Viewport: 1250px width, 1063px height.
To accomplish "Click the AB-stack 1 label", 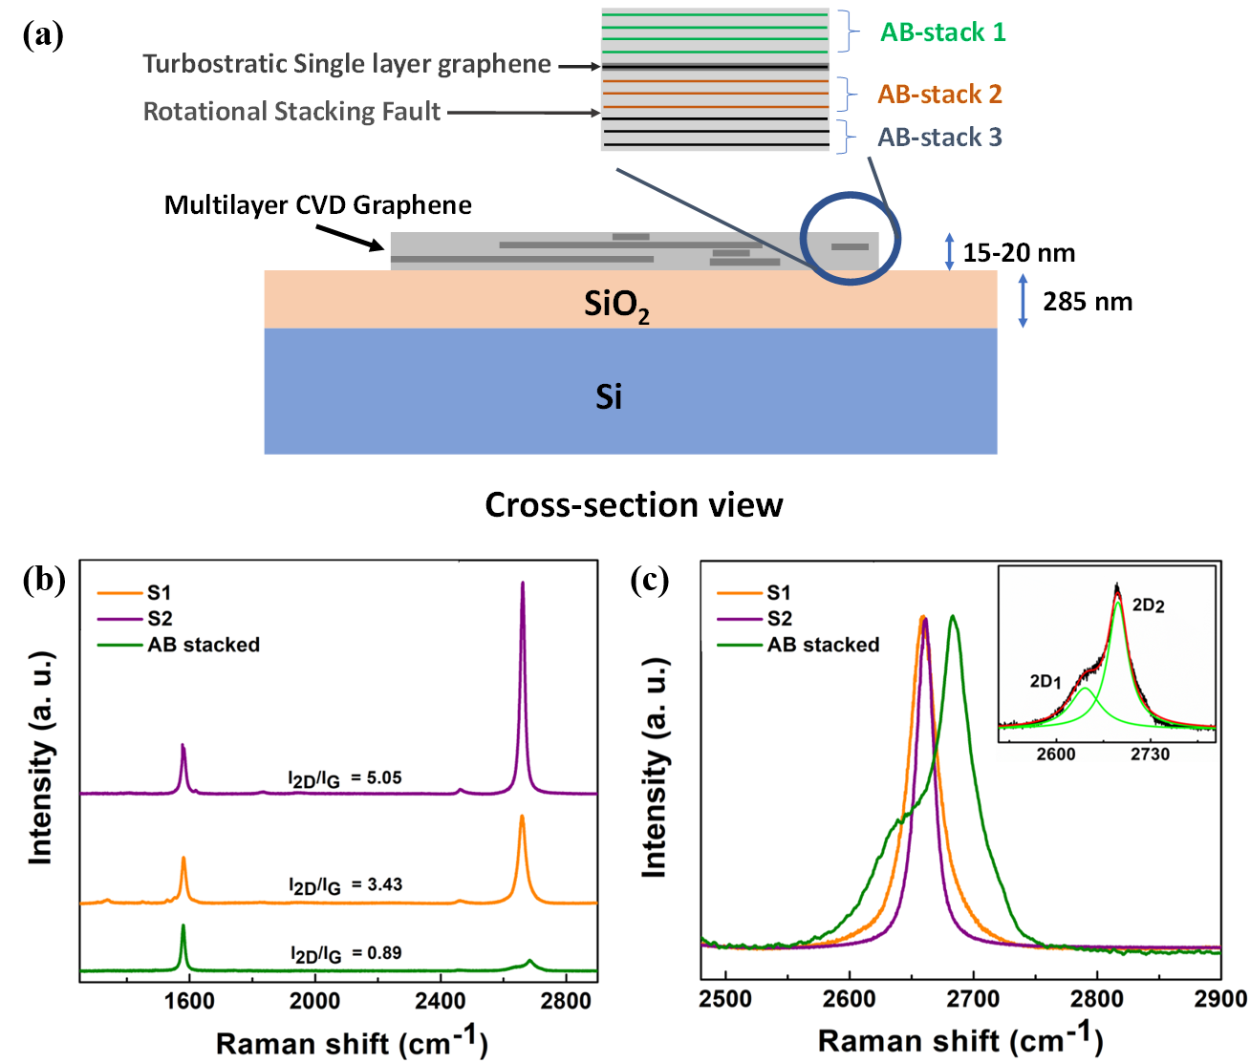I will [x=942, y=32].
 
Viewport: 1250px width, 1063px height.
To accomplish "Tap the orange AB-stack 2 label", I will [x=939, y=95].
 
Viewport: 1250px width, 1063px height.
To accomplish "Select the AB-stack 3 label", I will [x=939, y=138].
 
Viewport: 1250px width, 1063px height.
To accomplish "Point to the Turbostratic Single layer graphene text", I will [x=347, y=64].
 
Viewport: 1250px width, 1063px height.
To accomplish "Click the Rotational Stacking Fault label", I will [x=291, y=112].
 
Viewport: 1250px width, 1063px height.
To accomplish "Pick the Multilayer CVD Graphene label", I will [x=318, y=205].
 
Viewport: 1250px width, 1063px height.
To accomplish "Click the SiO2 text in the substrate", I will [x=616, y=305].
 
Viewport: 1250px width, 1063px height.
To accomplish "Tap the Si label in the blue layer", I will [x=609, y=396].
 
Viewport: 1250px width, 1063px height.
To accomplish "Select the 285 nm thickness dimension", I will [x=1088, y=302].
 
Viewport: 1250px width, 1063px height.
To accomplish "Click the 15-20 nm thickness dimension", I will [x=1019, y=253].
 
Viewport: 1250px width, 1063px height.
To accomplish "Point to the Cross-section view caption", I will [x=634, y=504].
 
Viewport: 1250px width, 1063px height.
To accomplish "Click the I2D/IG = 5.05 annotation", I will [x=346, y=778].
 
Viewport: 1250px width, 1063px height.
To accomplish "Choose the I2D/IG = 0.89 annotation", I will [x=346, y=953].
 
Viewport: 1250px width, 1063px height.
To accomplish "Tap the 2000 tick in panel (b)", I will [x=314, y=1000].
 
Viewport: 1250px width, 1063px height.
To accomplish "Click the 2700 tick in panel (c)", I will [x=973, y=1000].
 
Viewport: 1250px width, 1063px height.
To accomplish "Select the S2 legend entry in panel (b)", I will [x=159, y=619].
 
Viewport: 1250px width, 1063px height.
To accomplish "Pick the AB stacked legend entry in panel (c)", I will [x=823, y=645].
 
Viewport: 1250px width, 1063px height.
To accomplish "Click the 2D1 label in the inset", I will [x=1045, y=681].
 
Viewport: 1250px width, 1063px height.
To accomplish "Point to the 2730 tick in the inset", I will [x=1149, y=755].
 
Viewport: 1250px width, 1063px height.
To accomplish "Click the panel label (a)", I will [x=44, y=35].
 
